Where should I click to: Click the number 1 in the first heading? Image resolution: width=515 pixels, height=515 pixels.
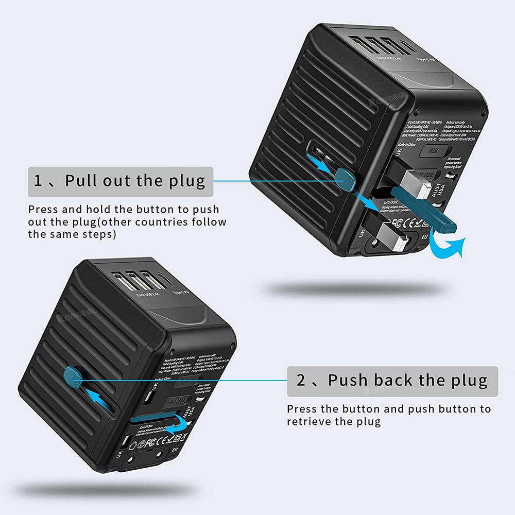click(39, 181)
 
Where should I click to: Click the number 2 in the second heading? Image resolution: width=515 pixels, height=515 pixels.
click(302, 381)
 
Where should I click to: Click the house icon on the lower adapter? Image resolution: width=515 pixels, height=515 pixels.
click(134, 442)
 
